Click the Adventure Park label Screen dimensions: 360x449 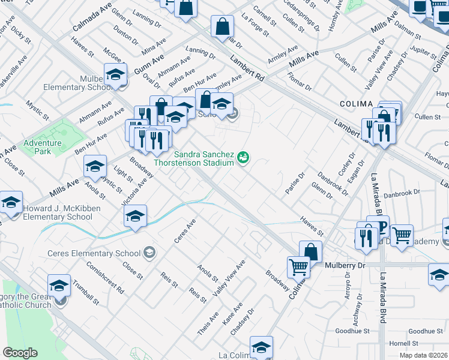pos(43,147)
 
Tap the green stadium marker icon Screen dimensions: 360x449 pos(244,158)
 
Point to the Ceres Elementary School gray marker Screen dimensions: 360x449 pos(149,253)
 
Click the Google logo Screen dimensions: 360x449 pos(20,353)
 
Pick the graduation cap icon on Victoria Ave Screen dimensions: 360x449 pos(136,216)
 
